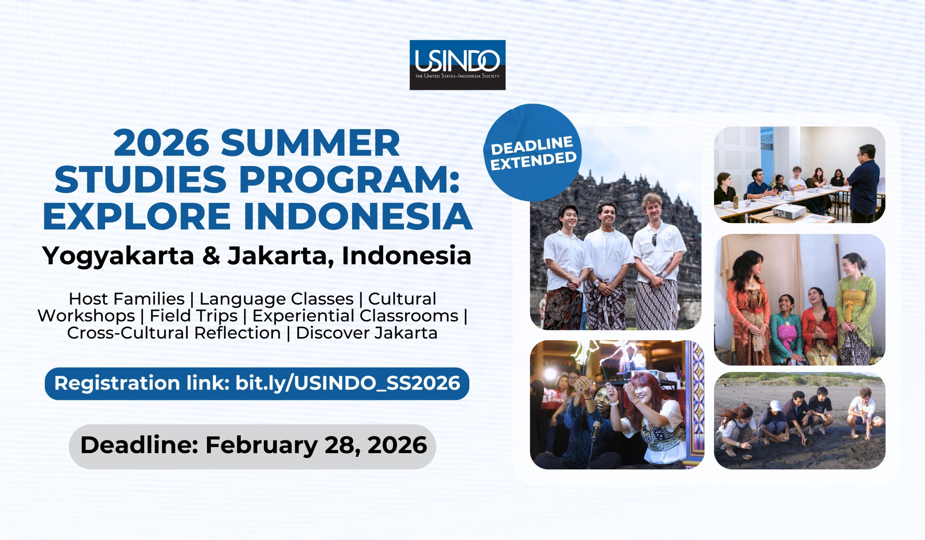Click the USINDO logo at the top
click(457, 65)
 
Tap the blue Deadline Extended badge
click(533, 152)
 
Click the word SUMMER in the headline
click(310, 143)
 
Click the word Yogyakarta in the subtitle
click(118, 256)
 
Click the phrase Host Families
click(126, 299)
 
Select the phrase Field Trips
click(194, 315)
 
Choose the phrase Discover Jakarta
click(367, 333)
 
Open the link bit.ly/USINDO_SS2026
click(348, 383)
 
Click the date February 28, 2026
click(316, 445)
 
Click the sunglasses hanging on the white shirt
click(654, 239)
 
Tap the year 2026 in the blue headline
click(161, 143)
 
